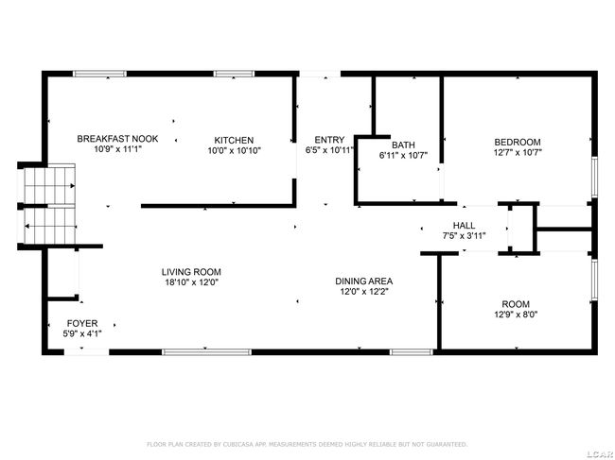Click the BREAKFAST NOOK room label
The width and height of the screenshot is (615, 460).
(x=117, y=139)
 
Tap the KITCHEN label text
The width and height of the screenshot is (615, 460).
(x=234, y=140)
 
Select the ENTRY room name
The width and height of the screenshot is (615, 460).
(x=329, y=140)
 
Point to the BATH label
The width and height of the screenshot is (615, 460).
(x=403, y=145)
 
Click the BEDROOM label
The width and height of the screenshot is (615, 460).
(x=518, y=142)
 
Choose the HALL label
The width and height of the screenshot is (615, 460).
(x=464, y=226)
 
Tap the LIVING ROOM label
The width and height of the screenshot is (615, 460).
(x=191, y=272)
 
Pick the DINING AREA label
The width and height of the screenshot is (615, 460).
(x=364, y=281)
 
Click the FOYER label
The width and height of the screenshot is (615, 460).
(x=82, y=323)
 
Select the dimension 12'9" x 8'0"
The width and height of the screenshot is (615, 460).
(x=516, y=315)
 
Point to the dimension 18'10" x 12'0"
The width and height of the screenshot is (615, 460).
(x=191, y=282)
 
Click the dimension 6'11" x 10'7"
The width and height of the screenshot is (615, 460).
(x=403, y=156)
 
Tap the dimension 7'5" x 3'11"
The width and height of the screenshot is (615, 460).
(x=464, y=236)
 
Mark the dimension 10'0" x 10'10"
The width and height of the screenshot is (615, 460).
(x=234, y=151)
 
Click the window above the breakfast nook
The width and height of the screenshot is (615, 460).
(x=100, y=74)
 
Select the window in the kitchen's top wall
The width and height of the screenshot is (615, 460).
(x=234, y=74)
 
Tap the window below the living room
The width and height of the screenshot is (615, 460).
(x=206, y=352)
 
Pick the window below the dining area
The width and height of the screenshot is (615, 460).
(x=412, y=352)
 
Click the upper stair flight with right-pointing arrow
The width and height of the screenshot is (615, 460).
(x=49, y=185)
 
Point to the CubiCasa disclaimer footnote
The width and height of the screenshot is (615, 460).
(x=307, y=444)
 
